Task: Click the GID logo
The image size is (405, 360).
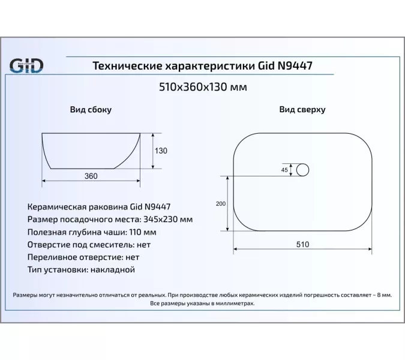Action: (x=25, y=65)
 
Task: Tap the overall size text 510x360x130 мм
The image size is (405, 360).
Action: (x=202, y=87)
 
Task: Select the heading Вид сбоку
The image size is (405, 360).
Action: (x=91, y=110)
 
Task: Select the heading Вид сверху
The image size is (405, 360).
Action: (x=302, y=110)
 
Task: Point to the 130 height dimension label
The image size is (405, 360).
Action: (x=161, y=151)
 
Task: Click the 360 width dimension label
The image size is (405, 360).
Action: (x=91, y=175)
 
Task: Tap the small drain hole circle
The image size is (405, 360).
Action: (x=304, y=170)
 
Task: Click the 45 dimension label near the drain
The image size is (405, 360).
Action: (x=284, y=170)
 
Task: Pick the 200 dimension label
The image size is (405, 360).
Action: (x=220, y=204)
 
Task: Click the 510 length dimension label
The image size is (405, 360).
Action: (x=302, y=244)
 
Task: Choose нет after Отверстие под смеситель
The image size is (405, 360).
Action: (x=143, y=244)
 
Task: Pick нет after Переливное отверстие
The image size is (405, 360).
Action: (x=131, y=257)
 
